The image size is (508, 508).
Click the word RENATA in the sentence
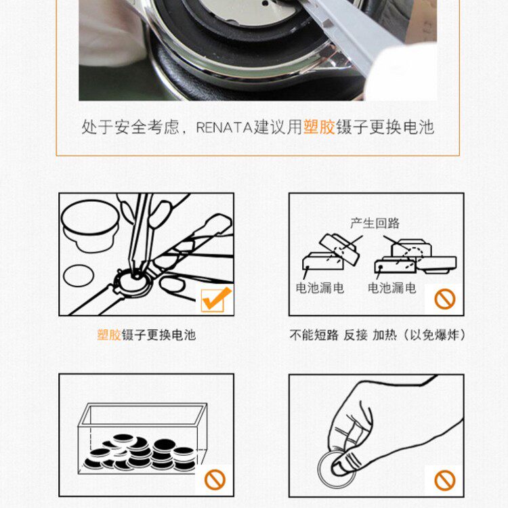pos(224,127)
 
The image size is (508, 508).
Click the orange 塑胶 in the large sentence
pos(319,127)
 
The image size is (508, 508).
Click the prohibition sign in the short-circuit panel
pos(445,299)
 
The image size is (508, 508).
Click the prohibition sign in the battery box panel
pos(215,480)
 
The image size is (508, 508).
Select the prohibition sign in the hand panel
pos(445,480)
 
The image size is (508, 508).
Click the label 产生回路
pos(375,224)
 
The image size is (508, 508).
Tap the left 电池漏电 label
pos(320,288)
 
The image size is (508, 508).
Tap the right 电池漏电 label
pos(391,288)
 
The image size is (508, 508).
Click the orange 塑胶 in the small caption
pos(109,335)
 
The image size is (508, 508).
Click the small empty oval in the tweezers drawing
pos(79,276)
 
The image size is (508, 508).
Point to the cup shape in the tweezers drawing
pos(90,226)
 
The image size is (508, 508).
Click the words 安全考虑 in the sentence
pos(147,127)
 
